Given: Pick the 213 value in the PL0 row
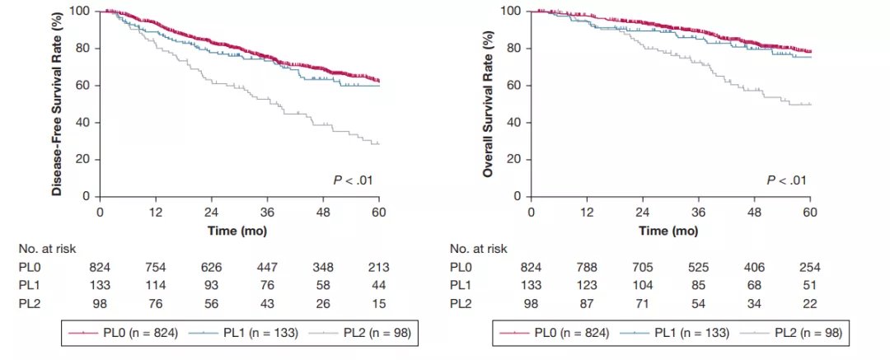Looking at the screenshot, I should (377, 268).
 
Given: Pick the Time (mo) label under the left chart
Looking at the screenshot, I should (239, 231).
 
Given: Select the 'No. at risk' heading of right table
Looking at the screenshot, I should (480, 248).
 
